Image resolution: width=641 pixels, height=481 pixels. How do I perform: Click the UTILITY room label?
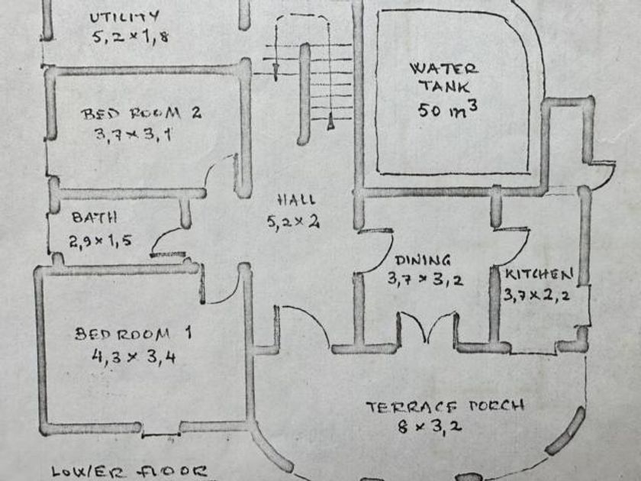124,16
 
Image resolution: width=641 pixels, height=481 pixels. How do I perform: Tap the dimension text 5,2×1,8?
130,37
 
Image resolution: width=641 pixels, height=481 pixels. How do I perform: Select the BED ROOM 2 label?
141,114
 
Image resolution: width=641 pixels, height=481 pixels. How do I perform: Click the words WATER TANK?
445,77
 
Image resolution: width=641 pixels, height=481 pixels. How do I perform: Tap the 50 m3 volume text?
448,108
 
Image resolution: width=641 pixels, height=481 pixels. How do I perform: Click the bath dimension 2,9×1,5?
101,242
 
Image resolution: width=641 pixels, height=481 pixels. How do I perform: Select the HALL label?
296,200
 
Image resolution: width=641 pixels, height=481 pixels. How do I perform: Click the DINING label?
423,260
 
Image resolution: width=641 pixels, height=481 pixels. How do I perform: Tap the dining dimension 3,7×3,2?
424,279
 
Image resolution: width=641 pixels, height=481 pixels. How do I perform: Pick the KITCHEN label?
538,273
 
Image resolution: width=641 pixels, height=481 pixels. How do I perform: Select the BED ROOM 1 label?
134,334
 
